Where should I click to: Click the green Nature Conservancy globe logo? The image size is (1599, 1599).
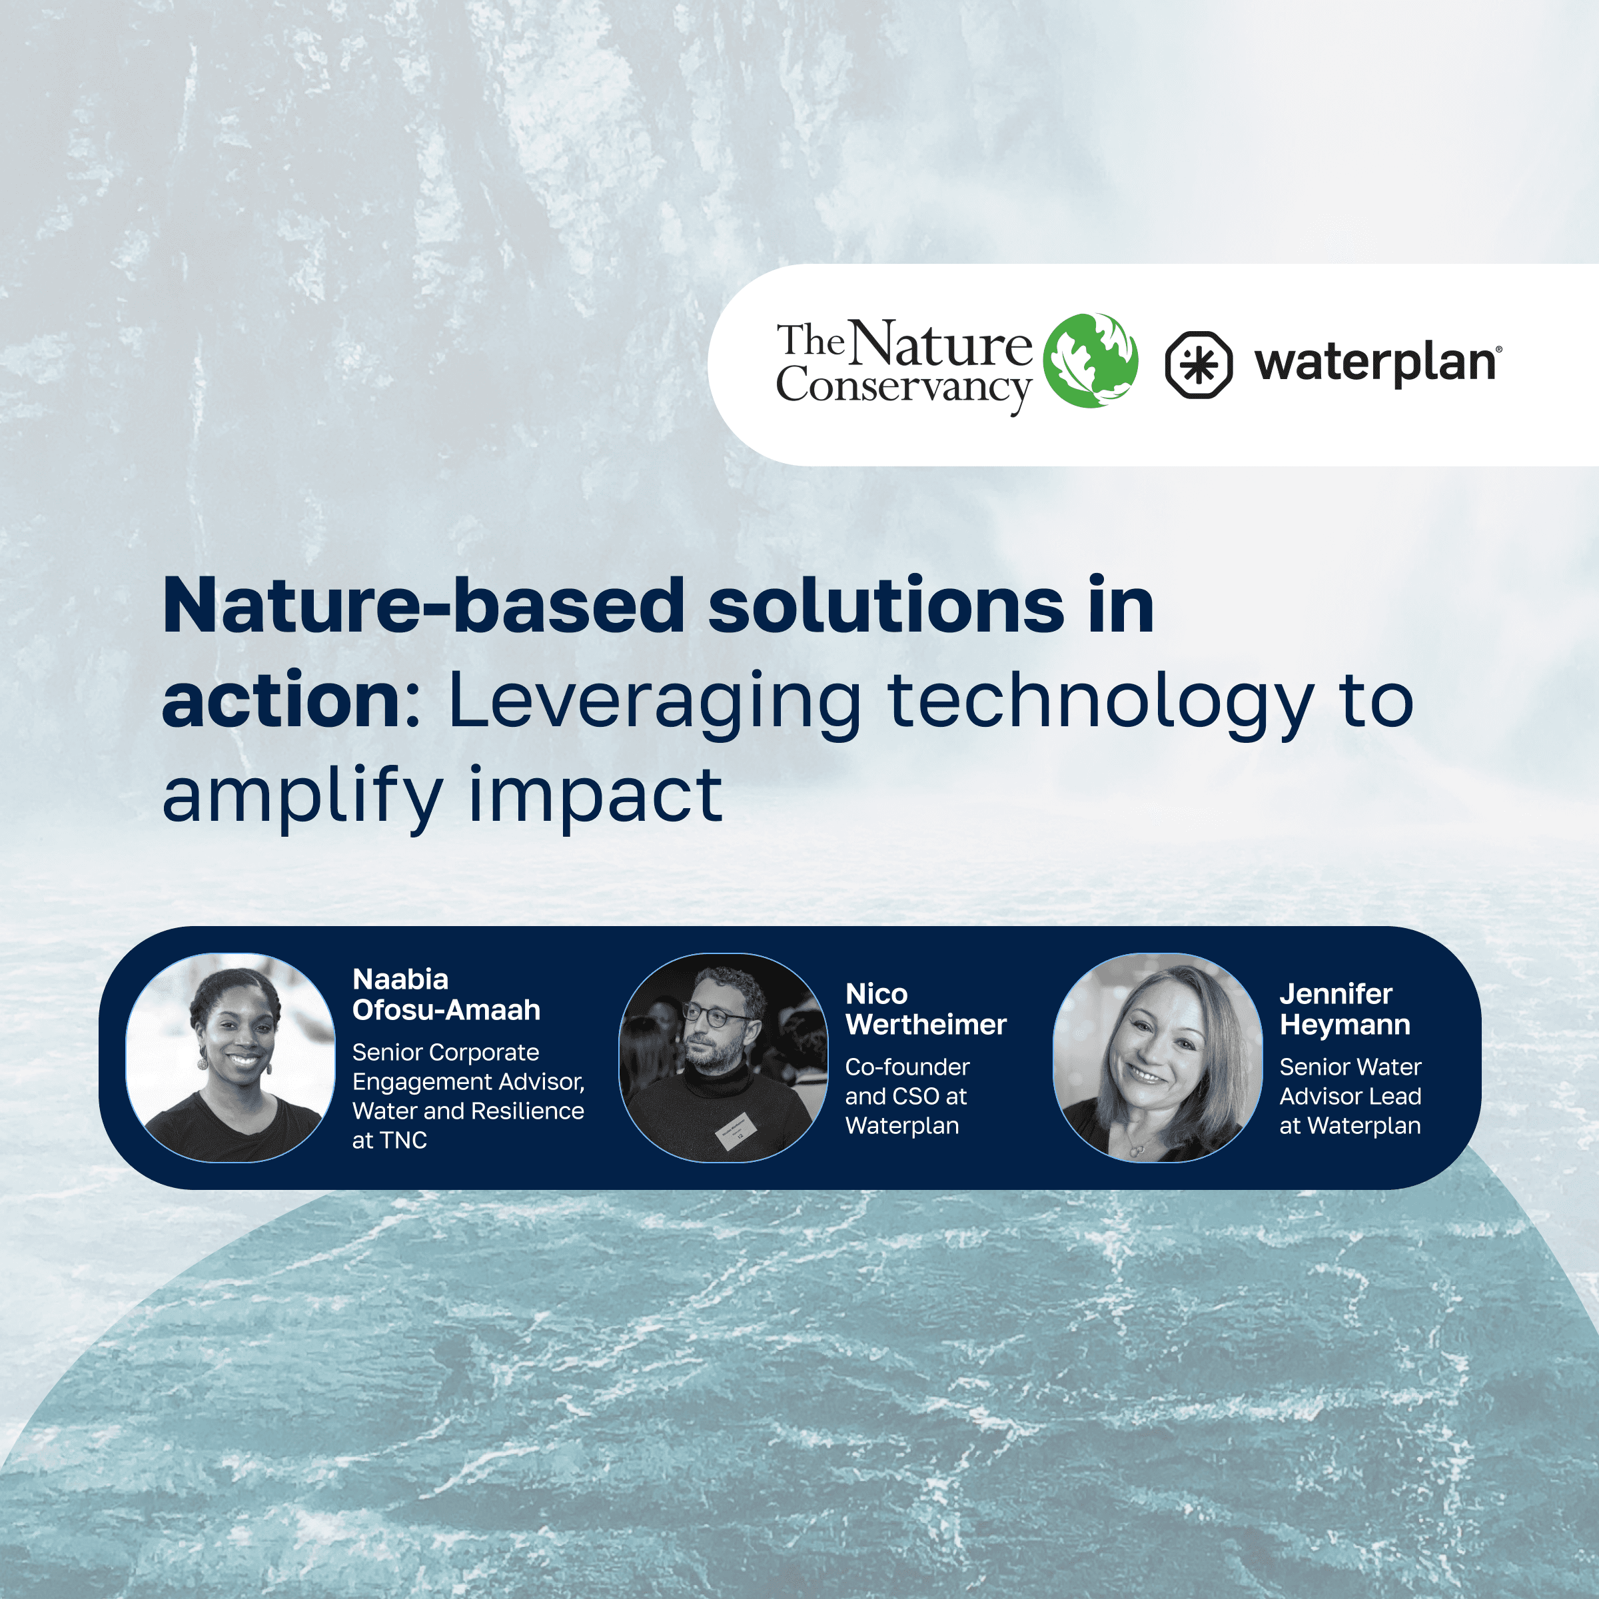tap(1090, 361)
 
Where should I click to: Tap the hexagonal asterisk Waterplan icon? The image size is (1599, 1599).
tap(1199, 364)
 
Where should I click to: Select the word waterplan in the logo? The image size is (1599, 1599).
tap(1376, 364)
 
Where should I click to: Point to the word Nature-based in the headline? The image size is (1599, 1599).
tap(423, 607)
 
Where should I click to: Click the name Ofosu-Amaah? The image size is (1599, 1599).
tap(446, 1010)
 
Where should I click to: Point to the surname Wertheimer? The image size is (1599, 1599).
tap(925, 1025)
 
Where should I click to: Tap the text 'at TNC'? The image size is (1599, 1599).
tap(389, 1141)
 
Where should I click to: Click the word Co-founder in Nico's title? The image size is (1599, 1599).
tap(907, 1067)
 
